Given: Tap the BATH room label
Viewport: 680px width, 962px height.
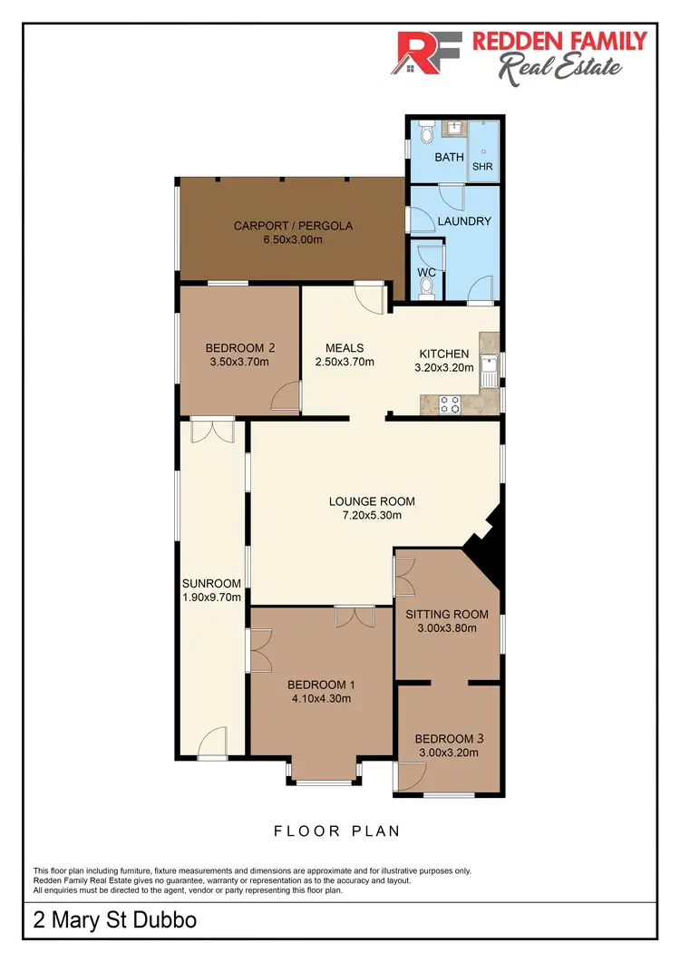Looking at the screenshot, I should tap(449, 157).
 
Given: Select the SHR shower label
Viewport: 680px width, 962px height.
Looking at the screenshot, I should tap(481, 166).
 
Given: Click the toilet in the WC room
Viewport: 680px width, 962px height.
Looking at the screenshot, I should tap(427, 287).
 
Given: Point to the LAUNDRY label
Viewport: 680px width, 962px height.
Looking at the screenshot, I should tap(464, 221).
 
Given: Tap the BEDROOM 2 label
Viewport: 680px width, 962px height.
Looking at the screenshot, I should tap(239, 347).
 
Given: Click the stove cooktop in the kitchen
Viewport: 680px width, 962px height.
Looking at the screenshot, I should tap(449, 404).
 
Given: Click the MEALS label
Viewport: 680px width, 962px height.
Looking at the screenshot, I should tap(345, 348).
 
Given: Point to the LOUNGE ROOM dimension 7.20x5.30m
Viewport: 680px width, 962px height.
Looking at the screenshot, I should tap(364, 515).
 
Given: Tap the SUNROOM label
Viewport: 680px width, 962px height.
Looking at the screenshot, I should tap(211, 583).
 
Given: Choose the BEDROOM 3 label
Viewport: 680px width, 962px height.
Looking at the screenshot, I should tap(449, 738).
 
